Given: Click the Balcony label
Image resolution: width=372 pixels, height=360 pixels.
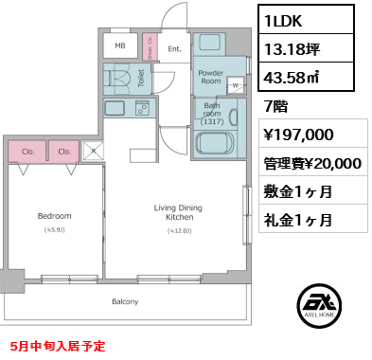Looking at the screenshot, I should point(125,302).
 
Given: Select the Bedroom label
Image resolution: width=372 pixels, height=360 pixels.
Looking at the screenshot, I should point(55,216).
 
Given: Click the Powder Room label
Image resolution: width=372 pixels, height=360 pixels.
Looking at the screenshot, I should point(210,77).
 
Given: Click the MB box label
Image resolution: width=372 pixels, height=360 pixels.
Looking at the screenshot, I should point(120,45).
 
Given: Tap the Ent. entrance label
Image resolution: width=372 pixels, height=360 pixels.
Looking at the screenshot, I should point(174,47).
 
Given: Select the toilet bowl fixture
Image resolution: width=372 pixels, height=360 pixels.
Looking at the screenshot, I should point(120,79).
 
